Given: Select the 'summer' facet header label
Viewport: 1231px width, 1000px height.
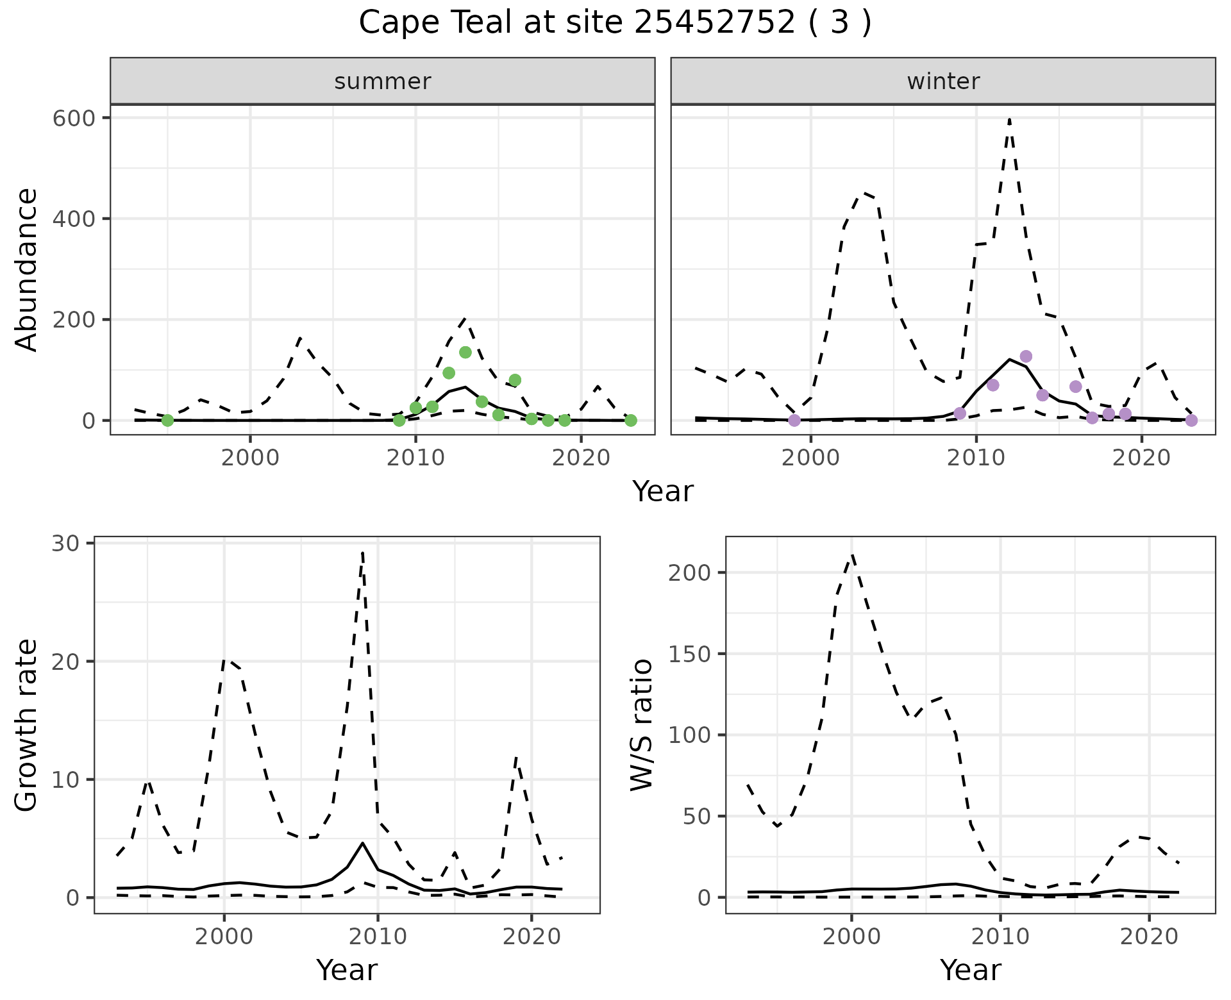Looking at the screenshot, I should click(x=383, y=81).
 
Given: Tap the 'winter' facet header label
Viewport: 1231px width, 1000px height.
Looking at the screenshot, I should click(x=943, y=81).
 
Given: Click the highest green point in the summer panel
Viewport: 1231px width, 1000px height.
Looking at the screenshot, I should click(x=465, y=352).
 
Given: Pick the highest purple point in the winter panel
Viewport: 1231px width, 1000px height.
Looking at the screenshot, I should click(x=1026, y=356).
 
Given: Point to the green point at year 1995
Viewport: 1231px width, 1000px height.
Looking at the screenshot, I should click(x=167, y=420).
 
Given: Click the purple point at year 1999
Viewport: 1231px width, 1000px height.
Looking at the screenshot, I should click(x=794, y=420).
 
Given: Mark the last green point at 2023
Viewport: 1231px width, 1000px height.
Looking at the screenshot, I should click(x=631, y=420).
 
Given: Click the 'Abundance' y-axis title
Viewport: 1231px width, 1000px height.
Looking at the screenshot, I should click(x=27, y=269).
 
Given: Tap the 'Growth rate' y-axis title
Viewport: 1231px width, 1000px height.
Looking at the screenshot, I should click(x=27, y=724).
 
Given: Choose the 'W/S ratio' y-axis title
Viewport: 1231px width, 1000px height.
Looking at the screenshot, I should click(x=642, y=724).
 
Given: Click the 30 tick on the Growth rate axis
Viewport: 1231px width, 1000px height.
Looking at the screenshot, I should click(x=64, y=544).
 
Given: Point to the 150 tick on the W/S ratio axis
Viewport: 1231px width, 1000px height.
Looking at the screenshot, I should click(x=690, y=654).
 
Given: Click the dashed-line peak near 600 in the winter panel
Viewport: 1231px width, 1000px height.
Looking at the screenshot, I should click(x=1009, y=119).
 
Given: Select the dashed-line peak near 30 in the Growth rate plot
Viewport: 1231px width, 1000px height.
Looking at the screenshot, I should click(x=363, y=553).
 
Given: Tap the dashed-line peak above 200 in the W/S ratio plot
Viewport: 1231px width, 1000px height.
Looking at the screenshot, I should click(x=851, y=555).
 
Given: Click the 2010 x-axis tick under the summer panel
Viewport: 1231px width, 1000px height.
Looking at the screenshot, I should click(x=415, y=458).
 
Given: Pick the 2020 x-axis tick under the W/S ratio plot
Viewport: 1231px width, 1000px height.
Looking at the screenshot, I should click(x=1150, y=937).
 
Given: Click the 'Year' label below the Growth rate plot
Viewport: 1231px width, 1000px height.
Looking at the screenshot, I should click(x=347, y=970).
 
